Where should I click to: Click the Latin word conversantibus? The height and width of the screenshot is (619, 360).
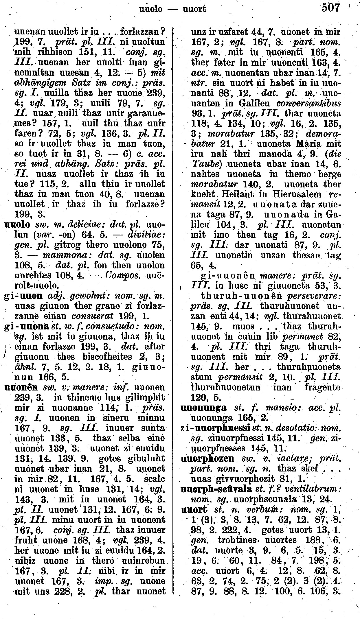[309, 103]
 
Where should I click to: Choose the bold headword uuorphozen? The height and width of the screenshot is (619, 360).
[207, 458]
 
